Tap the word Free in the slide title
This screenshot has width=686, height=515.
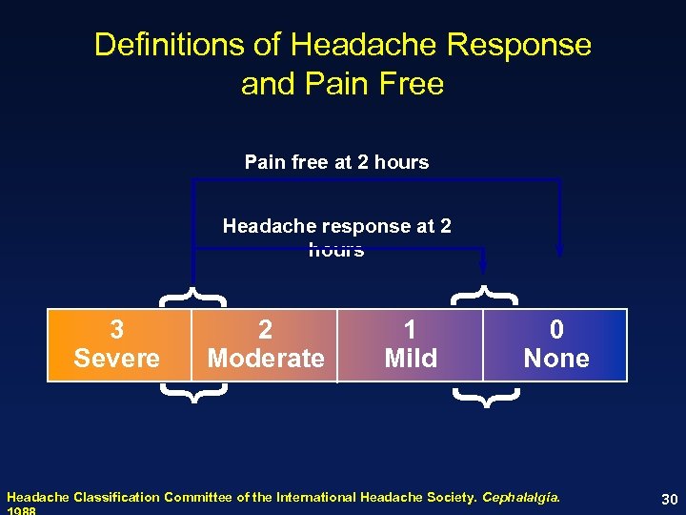coord(411,84)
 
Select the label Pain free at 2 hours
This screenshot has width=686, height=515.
coord(336,162)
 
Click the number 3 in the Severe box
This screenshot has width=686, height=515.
coord(116,330)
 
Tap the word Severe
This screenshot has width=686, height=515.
coord(116,359)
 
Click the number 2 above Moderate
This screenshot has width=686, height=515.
coord(265,330)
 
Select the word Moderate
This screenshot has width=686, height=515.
coord(266,359)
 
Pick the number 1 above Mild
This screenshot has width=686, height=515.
coord(410,330)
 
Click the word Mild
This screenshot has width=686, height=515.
coord(411,359)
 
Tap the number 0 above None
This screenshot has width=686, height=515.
coord(556,330)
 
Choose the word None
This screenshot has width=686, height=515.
coord(556,359)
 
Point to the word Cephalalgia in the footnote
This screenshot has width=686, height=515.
coord(521,497)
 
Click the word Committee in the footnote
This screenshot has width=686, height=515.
coord(200,497)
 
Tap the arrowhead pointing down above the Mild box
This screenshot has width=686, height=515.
coord(485,264)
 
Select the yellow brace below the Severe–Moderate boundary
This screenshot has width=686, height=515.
coord(193,392)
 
